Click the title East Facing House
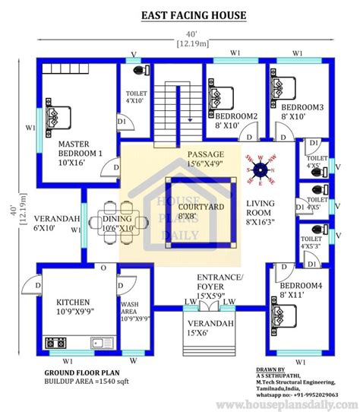(181, 15)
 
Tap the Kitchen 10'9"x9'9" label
(73, 306)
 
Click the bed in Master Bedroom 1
(57, 119)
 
